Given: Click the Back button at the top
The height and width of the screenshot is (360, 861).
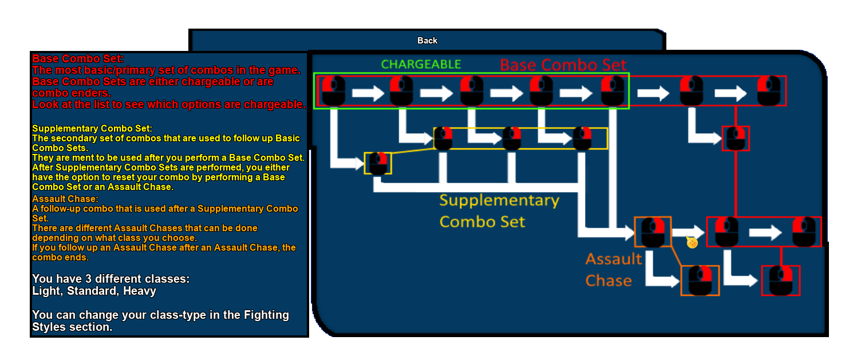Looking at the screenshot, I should click(x=427, y=41).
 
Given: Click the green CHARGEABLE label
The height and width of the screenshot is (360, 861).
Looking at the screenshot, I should click(x=421, y=64).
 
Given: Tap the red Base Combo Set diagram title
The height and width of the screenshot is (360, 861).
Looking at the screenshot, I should click(x=563, y=65).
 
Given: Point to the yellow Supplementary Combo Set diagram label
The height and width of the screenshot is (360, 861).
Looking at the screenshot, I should click(x=499, y=211).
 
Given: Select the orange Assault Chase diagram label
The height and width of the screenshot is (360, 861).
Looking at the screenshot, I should click(x=613, y=270).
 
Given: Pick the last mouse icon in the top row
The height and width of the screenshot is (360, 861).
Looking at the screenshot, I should click(x=769, y=90).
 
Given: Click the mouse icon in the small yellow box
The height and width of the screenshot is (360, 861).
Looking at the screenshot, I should click(x=378, y=163).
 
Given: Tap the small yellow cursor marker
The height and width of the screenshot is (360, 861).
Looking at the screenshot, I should click(x=692, y=243).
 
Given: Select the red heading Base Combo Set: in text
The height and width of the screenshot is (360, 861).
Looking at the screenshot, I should click(x=78, y=58).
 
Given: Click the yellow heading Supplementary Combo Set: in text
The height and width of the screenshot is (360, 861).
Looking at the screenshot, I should click(x=92, y=128).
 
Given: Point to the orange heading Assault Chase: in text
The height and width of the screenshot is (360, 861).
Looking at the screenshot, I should click(x=65, y=199).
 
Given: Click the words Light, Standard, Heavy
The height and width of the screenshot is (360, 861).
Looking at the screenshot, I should click(x=94, y=291).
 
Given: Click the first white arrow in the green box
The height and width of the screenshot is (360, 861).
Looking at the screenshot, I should click(x=368, y=92).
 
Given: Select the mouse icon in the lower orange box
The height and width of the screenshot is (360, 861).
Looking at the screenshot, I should click(x=700, y=280).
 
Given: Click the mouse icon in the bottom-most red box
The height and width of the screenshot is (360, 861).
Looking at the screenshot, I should click(x=780, y=280).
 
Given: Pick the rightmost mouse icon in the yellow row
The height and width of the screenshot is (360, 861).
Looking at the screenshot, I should click(x=582, y=139).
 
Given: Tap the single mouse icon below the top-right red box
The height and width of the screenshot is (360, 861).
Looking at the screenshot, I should click(x=736, y=139).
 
